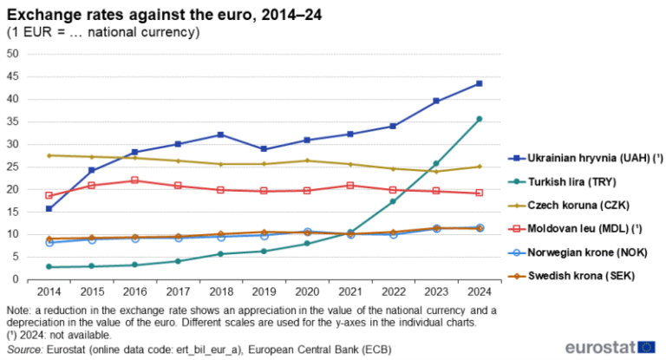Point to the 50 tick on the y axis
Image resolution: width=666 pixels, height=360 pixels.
point(13,54)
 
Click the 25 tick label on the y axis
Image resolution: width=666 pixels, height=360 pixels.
point(13,167)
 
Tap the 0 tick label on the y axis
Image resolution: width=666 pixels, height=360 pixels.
point(16,279)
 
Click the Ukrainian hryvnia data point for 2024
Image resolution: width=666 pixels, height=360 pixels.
point(479,83)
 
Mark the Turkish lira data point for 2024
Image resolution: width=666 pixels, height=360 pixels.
point(479,119)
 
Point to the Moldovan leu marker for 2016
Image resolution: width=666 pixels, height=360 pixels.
point(135,180)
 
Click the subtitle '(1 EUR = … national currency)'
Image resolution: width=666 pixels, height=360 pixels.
point(104,32)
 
